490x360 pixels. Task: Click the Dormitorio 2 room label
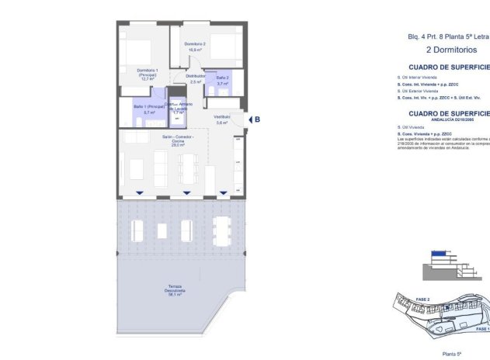click(x=195, y=46)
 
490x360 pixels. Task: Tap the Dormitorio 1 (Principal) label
click(x=148, y=74)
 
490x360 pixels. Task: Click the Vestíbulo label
click(x=222, y=119)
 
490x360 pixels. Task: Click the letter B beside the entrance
click(x=257, y=119)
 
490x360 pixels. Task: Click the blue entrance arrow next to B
click(x=248, y=119)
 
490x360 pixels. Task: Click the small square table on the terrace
click(x=162, y=230)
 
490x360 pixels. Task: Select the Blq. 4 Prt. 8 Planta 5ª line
click(x=448, y=36)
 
